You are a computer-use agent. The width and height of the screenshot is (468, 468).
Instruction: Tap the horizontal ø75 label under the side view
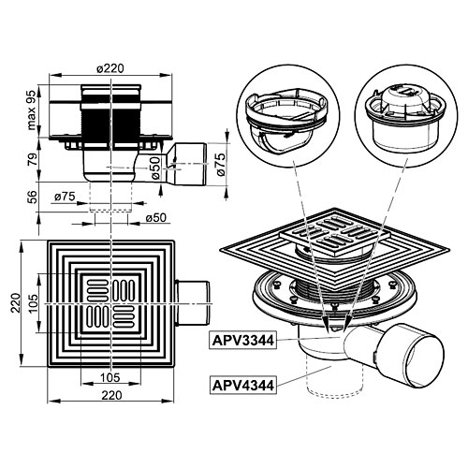(x=65, y=197)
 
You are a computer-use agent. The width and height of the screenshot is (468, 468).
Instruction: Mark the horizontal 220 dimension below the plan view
(x=111, y=396)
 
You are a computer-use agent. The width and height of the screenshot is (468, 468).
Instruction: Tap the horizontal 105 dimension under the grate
(x=111, y=375)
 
